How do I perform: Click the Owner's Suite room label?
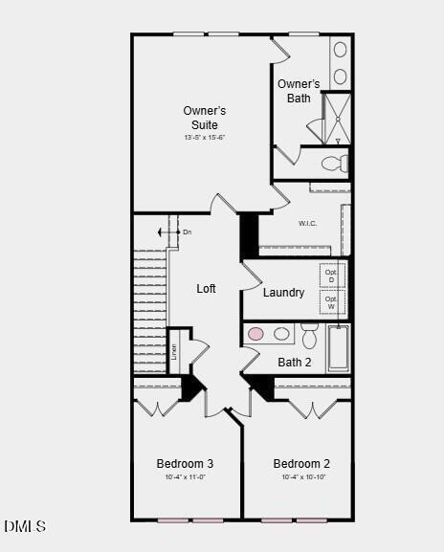click(204, 118)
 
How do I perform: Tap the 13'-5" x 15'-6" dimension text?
click(204, 138)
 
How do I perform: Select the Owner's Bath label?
click(299, 91)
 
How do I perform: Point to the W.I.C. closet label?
click(307, 224)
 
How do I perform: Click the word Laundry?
click(283, 293)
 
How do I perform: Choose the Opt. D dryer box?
click(332, 276)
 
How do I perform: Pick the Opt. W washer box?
click(332, 302)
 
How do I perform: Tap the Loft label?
click(207, 289)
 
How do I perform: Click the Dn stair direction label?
click(187, 232)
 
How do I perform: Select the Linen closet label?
click(174, 351)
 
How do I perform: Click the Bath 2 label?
click(295, 363)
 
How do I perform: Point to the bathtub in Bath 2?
click(339, 348)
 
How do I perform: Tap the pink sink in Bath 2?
click(256, 334)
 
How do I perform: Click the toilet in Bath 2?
click(309, 336)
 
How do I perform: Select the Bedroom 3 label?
click(185, 464)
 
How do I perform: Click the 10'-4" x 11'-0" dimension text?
click(185, 477)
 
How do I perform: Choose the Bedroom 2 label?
click(301, 464)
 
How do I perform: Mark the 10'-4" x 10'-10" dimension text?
click(301, 477)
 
